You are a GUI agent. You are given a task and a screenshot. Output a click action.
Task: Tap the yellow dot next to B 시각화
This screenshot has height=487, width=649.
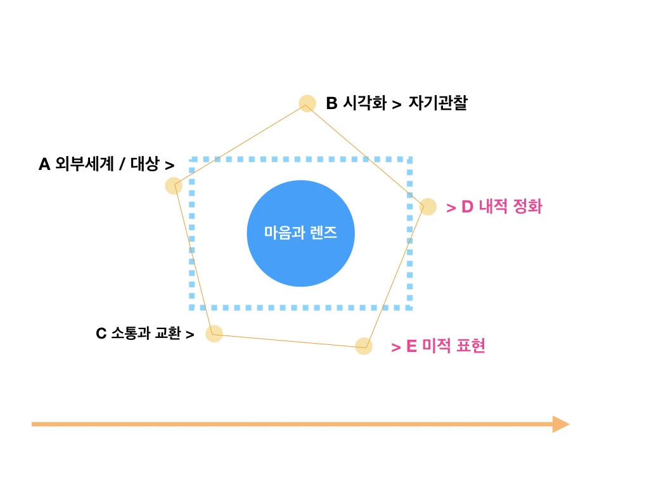click(307, 103)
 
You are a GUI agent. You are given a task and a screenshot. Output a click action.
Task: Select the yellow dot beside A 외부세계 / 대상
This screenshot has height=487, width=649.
click(174, 186)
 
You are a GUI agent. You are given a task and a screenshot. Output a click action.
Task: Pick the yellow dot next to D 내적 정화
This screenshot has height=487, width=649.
click(428, 207)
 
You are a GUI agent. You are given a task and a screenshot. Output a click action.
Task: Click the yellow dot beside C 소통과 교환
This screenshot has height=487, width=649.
click(214, 334)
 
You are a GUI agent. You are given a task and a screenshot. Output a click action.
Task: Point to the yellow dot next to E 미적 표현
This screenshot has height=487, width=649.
click(363, 346)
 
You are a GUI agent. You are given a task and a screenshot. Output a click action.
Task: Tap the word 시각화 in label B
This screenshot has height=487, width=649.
click(364, 103)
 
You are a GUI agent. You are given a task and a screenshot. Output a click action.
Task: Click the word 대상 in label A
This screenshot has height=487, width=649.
click(145, 165)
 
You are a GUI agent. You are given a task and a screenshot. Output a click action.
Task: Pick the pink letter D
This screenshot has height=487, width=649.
click(467, 207)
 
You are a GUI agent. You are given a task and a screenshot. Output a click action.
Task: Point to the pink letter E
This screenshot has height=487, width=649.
click(411, 346)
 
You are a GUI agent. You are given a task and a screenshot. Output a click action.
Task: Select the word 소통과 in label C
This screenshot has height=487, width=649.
click(130, 333)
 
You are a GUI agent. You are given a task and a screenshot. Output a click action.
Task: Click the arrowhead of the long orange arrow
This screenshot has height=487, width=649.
click(560, 424)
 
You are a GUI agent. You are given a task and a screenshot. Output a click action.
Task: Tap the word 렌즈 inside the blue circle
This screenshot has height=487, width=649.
click(323, 233)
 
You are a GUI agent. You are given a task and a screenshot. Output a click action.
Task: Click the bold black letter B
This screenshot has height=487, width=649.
click(331, 103)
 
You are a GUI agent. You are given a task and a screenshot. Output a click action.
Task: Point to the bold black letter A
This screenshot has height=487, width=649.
click(44, 165)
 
